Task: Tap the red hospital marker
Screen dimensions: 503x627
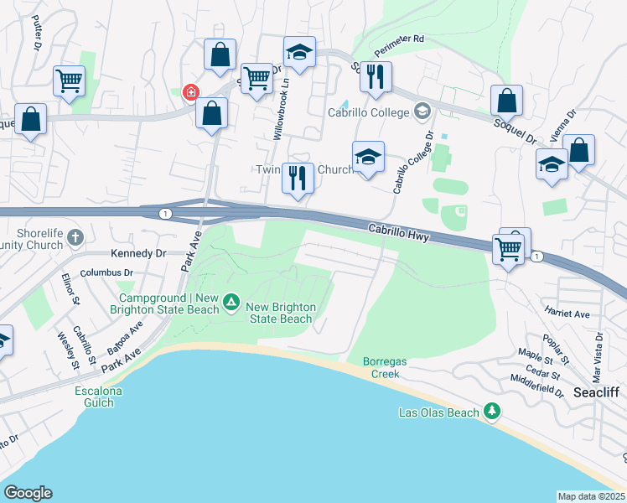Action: [191, 91]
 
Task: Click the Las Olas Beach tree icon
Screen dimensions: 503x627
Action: [493, 411]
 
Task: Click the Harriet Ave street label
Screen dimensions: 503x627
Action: [568, 314]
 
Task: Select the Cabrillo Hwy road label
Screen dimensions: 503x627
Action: [399, 233]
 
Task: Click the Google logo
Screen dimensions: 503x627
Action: [28, 493]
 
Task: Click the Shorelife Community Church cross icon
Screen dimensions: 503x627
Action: [76, 237]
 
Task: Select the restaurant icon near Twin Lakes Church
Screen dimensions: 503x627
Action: [298, 178]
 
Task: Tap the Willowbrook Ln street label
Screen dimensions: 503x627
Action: [283, 109]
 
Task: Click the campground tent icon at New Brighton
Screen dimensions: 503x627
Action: [232, 301]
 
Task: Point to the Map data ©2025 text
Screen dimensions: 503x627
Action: [592, 496]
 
